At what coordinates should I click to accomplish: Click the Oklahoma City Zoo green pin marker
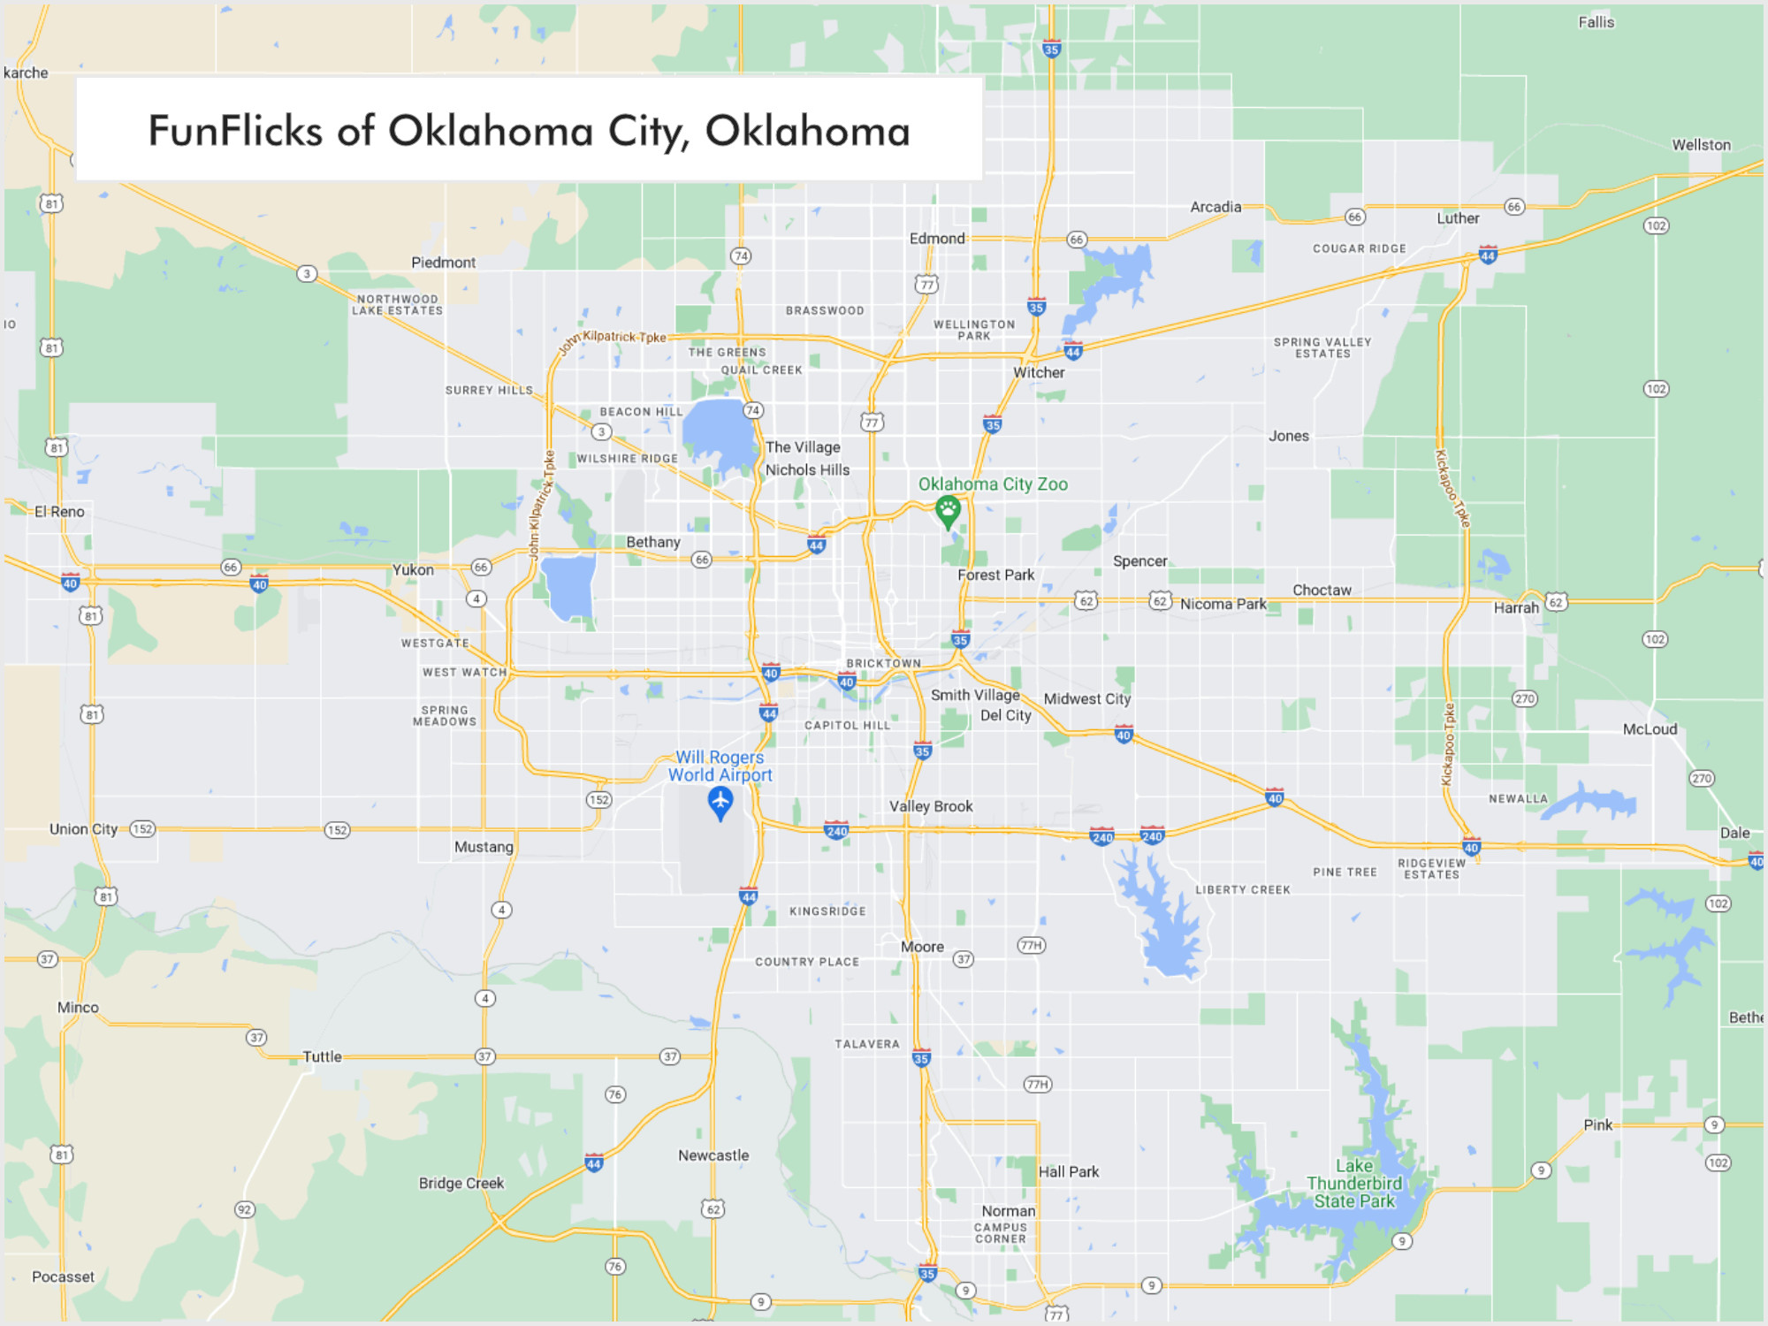pyautogui.click(x=948, y=510)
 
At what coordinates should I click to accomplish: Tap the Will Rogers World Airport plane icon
pyautogui.click(x=720, y=802)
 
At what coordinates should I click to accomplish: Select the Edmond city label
pyautogui.click(x=937, y=239)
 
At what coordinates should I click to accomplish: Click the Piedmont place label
pyautogui.click(x=443, y=263)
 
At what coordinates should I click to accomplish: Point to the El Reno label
pyautogui.click(x=59, y=512)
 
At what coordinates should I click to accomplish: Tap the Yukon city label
pyautogui.click(x=413, y=570)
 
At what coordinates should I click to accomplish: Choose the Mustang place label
pyautogui.click(x=484, y=847)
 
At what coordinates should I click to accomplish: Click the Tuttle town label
pyautogui.click(x=322, y=1056)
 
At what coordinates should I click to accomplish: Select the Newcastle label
pyautogui.click(x=713, y=1155)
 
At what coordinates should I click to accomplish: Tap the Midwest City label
pyautogui.click(x=1087, y=698)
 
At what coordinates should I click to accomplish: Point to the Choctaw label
pyautogui.click(x=1322, y=591)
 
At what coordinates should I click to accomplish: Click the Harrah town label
pyautogui.click(x=1516, y=608)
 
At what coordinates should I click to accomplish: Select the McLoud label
pyautogui.click(x=1650, y=729)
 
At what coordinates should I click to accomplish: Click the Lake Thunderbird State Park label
pyautogui.click(x=1354, y=1184)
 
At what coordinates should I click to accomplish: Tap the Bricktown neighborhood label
pyautogui.click(x=883, y=663)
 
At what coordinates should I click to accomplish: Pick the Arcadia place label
pyautogui.click(x=1215, y=207)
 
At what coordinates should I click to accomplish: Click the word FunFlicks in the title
pyautogui.click(x=235, y=131)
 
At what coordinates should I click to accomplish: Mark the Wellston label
pyautogui.click(x=1701, y=145)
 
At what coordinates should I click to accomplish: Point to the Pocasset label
pyautogui.click(x=63, y=1276)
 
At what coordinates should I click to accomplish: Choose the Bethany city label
pyautogui.click(x=653, y=542)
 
